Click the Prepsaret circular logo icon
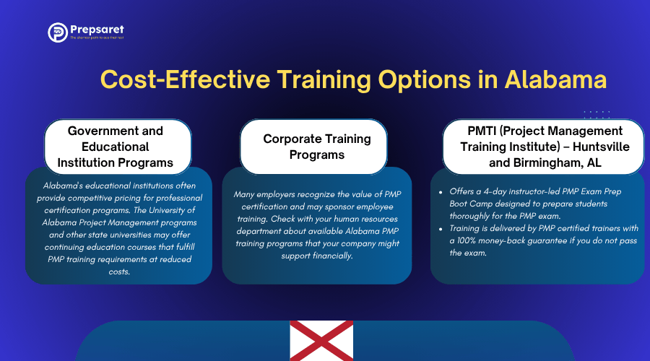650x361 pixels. (x=58, y=32)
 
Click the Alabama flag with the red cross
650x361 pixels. (x=321, y=341)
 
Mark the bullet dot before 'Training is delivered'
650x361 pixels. (x=441, y=229)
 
